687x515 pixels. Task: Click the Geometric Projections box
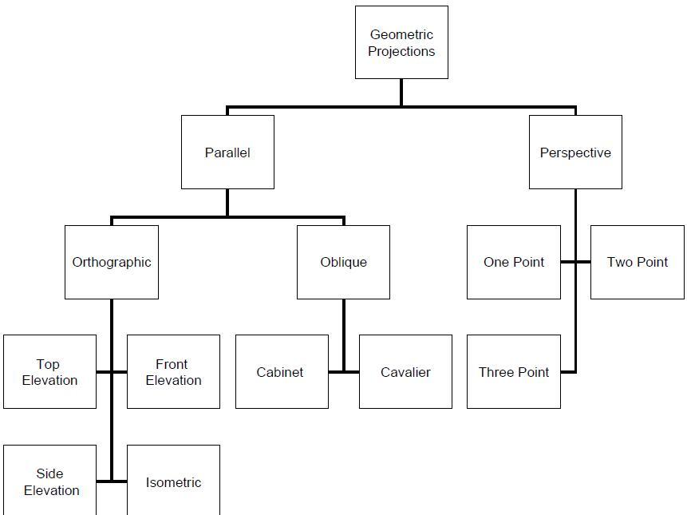coord(401,42)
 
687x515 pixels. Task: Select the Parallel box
coord(227,152)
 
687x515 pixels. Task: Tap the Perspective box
coord(575,152)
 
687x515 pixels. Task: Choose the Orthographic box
coord(112,262)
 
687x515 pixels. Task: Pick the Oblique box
coord(343,262)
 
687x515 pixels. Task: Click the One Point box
coord(513,262)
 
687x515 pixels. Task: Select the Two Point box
coord(637,262)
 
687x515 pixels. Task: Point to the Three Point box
coord(513,372)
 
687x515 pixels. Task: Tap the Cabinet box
coord(281,372)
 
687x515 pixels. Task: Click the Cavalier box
coord(405,372)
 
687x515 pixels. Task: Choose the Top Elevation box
coord(49,372)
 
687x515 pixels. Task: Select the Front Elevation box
coord(173,372)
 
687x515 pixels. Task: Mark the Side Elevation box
coord(49,481)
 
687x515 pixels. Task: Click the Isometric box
coord(173,481)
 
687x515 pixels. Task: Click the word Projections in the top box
coord(401,51)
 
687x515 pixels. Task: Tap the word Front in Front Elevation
coord(172,364)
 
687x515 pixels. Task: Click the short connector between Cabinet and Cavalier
coord(344,372)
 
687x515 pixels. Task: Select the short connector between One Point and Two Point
coord(575,262)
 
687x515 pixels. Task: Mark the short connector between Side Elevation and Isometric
coord(112,481)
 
